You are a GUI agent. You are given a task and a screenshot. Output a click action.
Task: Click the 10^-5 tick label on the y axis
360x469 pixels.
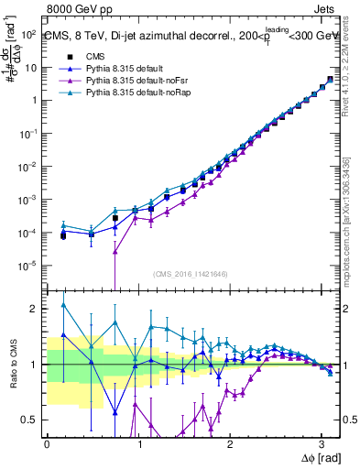[27, 267]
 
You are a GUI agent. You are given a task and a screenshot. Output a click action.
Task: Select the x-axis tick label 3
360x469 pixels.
[322, 443]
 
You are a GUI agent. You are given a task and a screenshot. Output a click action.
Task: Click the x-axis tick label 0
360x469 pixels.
[47, 443]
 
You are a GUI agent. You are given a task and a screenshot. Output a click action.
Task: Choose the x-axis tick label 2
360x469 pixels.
[231, 443]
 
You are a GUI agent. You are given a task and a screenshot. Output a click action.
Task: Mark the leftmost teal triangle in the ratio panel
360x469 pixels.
[63, 305]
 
